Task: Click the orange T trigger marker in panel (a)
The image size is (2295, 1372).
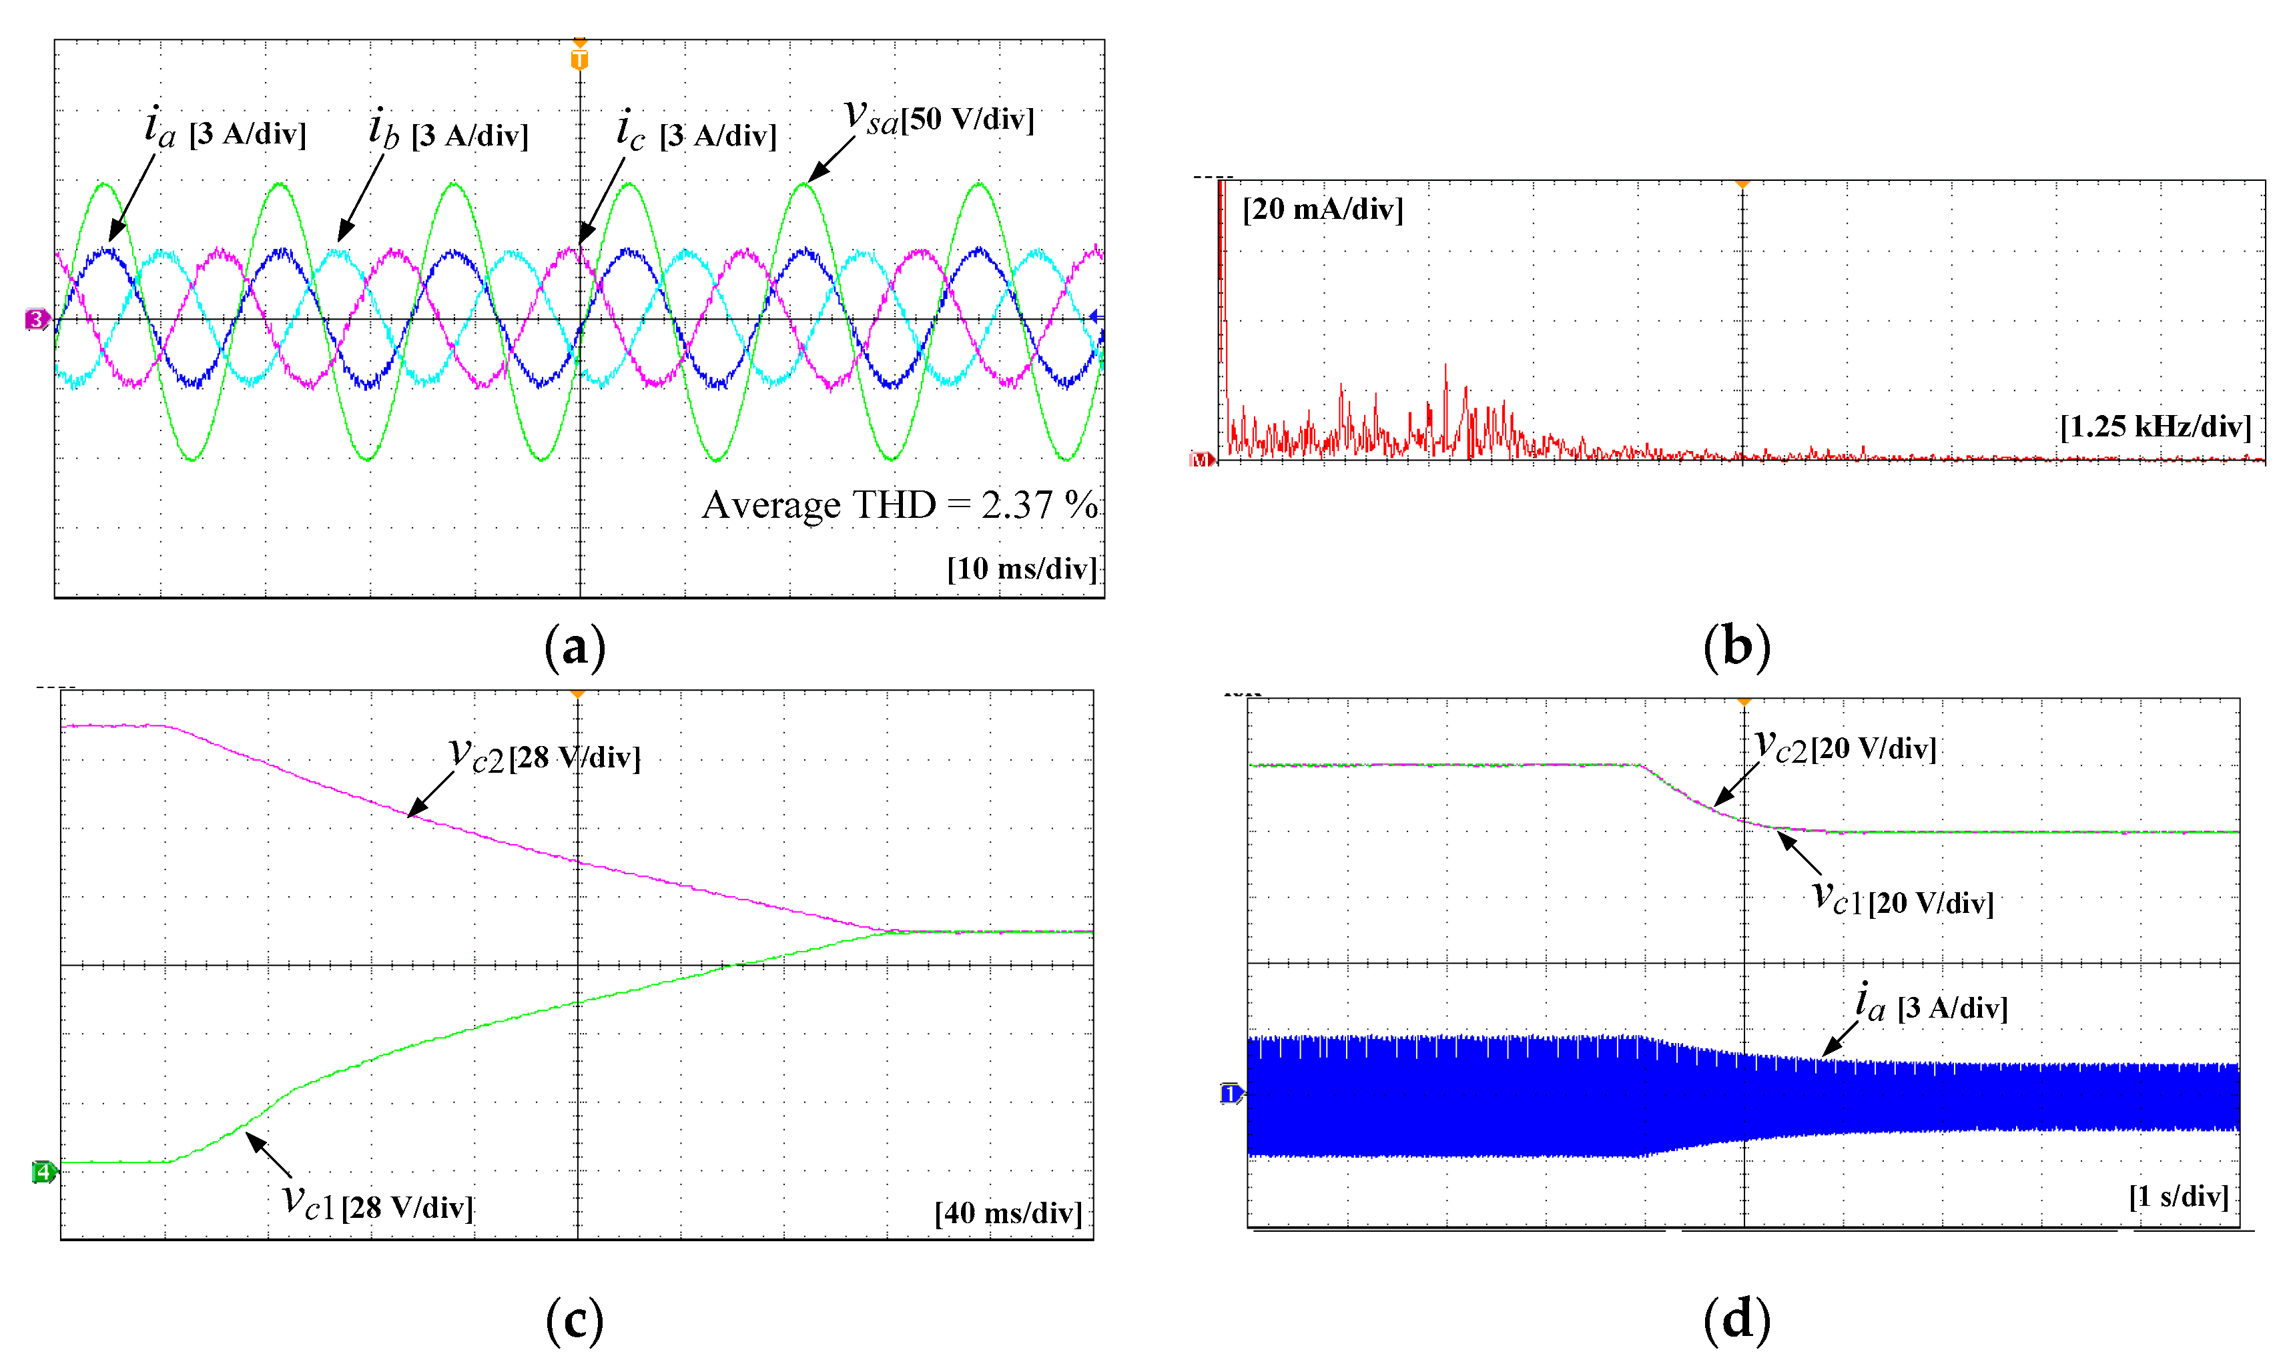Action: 579,59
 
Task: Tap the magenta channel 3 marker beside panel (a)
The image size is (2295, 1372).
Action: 36,320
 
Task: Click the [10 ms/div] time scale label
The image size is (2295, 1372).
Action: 1021,569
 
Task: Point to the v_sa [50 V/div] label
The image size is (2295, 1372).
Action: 938,118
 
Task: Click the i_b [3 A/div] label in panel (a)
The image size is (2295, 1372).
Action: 448,132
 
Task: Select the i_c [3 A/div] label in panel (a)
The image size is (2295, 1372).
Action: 696,132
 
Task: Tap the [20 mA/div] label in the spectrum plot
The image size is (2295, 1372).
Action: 1322,209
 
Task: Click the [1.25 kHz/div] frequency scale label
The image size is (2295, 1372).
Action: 2154,426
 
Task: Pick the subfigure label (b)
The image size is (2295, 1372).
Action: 1736,645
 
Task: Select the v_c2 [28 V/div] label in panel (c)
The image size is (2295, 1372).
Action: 545,756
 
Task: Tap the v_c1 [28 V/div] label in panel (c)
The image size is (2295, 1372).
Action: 377,1205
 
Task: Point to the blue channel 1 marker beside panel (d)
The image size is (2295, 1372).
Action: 1230,1094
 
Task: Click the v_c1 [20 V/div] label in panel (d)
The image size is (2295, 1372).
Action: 1902,900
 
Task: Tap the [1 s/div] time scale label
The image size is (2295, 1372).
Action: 2178,1196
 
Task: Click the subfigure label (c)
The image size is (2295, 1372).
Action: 574,1319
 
